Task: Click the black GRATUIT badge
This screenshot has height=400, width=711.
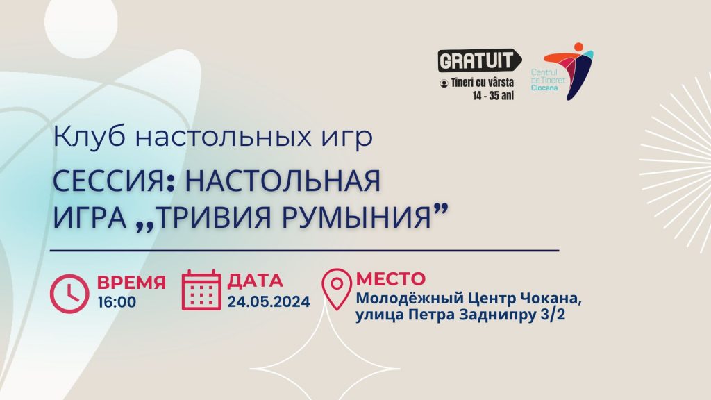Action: click(x=479, y=60)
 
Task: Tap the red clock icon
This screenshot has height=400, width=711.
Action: click(x=69, y=294)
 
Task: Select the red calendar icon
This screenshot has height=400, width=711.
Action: click(x=201, y=290)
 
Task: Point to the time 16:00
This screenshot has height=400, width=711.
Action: click(x=117, y=302)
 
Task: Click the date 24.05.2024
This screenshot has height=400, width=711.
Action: click(x=269, y=301)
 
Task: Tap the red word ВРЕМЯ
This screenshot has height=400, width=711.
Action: click(x=131, y=282)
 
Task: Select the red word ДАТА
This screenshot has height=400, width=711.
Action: click(x=256, y=281)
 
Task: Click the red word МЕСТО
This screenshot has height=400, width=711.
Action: click(x=391, y=278)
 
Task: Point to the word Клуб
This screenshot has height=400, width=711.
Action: click(x=89, y=137)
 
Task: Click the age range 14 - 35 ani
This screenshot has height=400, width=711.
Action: click(x=493, y=96)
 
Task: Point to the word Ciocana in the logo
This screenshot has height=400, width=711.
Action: click(x=544, y=87)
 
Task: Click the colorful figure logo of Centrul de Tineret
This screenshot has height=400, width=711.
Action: click(x=569, y=72)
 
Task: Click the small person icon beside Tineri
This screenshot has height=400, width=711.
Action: click(x=444, y=83)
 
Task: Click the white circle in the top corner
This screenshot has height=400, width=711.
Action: click(x=81, y=23)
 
